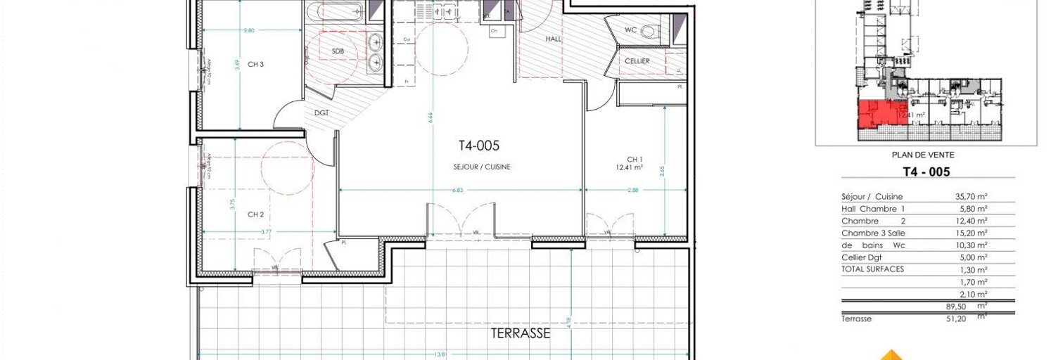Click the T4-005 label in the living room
click(x=478, y=146)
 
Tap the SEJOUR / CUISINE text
click(x=482, y=167)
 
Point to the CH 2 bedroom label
click(x=255, y=214)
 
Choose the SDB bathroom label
click(x=338, y=52)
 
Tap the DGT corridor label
click(x=321, y=112)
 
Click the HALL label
click(x=554, y=39)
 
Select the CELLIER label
click(x=637, y=61)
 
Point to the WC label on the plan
click(x=630, y=30)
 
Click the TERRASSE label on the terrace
click(x=520, y=334)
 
